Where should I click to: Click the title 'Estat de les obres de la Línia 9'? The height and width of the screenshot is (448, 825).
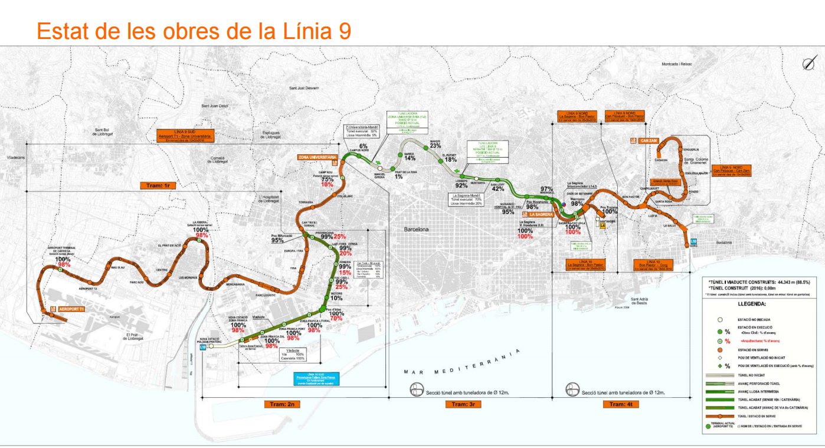[x=194, y=30]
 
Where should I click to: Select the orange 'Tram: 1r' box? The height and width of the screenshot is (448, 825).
[x=158, y=186]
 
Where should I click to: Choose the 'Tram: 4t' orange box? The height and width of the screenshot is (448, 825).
[x=621, y=404]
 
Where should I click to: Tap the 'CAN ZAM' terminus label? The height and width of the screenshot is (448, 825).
[x=649, y=141]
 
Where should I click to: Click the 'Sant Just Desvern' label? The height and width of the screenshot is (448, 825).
[x=303, y=88]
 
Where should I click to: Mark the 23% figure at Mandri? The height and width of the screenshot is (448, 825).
[x=436, y=145]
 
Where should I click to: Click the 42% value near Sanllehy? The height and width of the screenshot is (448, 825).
[x=498, y=189]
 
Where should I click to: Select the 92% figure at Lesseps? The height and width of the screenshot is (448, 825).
[x=461, y=186]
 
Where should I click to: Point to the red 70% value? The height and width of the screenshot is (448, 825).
[x=336, y=319]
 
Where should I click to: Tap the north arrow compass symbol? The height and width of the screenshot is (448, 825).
[x=808, y=64]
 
